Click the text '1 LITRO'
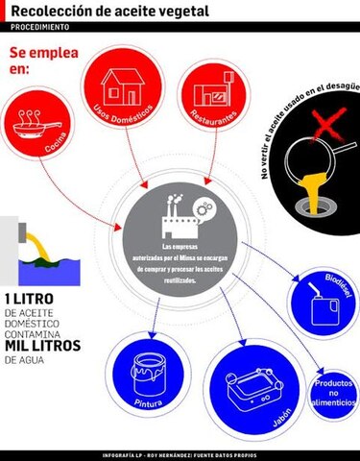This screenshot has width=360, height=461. click(29, 297)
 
